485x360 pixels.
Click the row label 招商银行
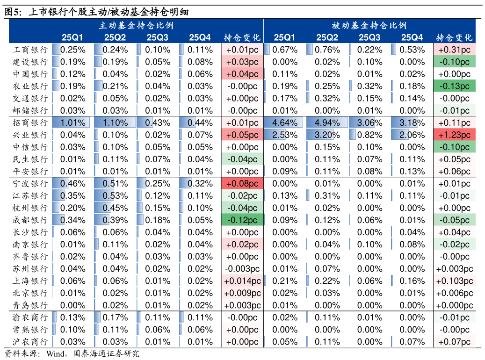30,122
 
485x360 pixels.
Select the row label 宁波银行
30,183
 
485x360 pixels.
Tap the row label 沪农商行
30,342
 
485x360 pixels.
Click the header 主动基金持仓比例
136,25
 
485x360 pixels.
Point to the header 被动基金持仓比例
369,25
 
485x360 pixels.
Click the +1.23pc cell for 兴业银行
454,135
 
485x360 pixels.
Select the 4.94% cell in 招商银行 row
327,122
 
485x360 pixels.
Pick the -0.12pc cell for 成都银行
242,220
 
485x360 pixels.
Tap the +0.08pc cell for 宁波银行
242,183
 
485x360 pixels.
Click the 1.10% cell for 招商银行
115,122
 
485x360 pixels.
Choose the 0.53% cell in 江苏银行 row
115,195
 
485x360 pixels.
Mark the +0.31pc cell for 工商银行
454,50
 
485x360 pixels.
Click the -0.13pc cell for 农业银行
454,86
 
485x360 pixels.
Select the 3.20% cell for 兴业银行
327,135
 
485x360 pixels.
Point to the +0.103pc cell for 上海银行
454,281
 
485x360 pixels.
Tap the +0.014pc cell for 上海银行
242,281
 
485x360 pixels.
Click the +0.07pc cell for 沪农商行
454,342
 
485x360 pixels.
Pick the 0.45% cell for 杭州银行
115,208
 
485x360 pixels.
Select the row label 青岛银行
30,305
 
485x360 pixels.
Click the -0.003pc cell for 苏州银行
242,269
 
